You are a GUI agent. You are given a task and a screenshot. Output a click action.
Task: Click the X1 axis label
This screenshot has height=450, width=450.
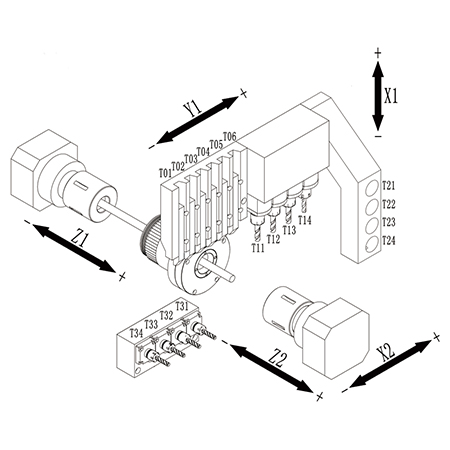tap(391, 97)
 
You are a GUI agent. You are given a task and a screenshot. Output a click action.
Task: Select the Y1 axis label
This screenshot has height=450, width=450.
tap(193, 108)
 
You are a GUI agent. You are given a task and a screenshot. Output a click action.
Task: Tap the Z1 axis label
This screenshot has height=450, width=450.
tap(80, 239)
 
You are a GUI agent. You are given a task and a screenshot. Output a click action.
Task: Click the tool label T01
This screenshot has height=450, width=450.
tap(165, 173)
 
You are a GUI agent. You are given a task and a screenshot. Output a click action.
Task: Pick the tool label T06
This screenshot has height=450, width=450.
tap(229, 136)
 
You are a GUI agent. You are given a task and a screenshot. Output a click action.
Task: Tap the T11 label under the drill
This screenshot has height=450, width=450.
tap(258, 248)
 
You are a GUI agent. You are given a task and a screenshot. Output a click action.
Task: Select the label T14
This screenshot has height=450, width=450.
tap(305, 220)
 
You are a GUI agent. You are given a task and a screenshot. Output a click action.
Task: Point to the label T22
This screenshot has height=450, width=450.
tap(388, 204)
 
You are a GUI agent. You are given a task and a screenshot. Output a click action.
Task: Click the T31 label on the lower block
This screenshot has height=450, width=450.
tap(182, 306)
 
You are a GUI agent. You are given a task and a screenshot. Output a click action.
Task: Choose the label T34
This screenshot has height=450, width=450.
tap(136, 333)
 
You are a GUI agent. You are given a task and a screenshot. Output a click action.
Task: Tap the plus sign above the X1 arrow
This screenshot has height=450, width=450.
tap(378, 53)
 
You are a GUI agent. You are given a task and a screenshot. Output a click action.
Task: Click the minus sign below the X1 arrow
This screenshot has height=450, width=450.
tap(378, 136)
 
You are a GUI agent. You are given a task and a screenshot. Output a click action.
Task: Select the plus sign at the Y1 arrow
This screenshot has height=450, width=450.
tap(244, 94)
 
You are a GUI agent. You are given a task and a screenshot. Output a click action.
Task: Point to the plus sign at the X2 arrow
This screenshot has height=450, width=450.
tap(436, 337)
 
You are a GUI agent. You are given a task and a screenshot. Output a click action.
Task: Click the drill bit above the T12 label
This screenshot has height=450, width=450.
tap(273, 224)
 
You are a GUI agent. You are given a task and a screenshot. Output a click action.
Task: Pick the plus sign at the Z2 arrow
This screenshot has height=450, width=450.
tap(320, 396)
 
